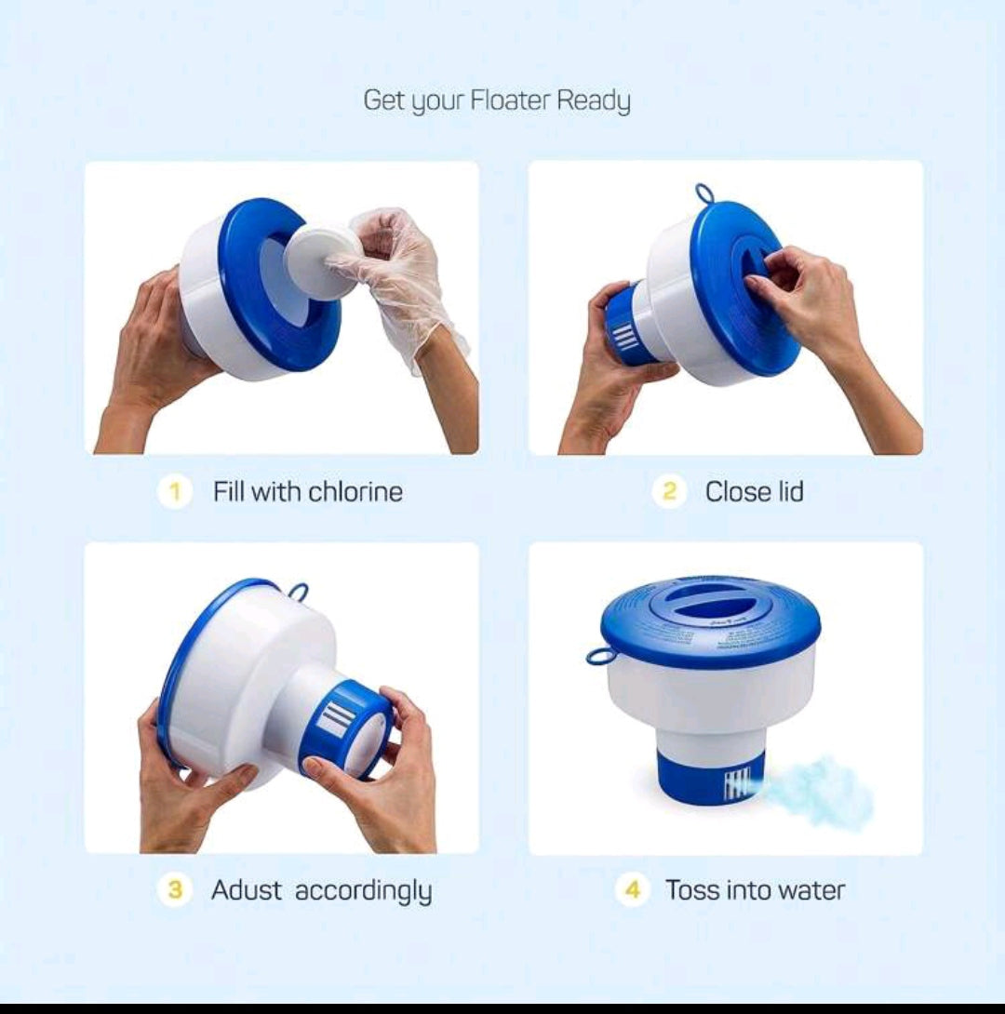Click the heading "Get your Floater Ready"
click(497, 100)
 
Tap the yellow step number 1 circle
click(174, 491)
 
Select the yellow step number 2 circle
click(669, 491)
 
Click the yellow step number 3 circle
click(174, 890)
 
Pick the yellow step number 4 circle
click(632, 890)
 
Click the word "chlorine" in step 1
click(355, 491)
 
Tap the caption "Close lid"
click(754, 491)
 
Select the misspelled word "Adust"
click(247, 890)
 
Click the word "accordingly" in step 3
click(363, 890)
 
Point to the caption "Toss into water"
click(755, 890)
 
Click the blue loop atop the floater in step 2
click(704, 193)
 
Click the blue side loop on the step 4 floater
click(601, 657)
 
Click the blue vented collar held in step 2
click(623, 326)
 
